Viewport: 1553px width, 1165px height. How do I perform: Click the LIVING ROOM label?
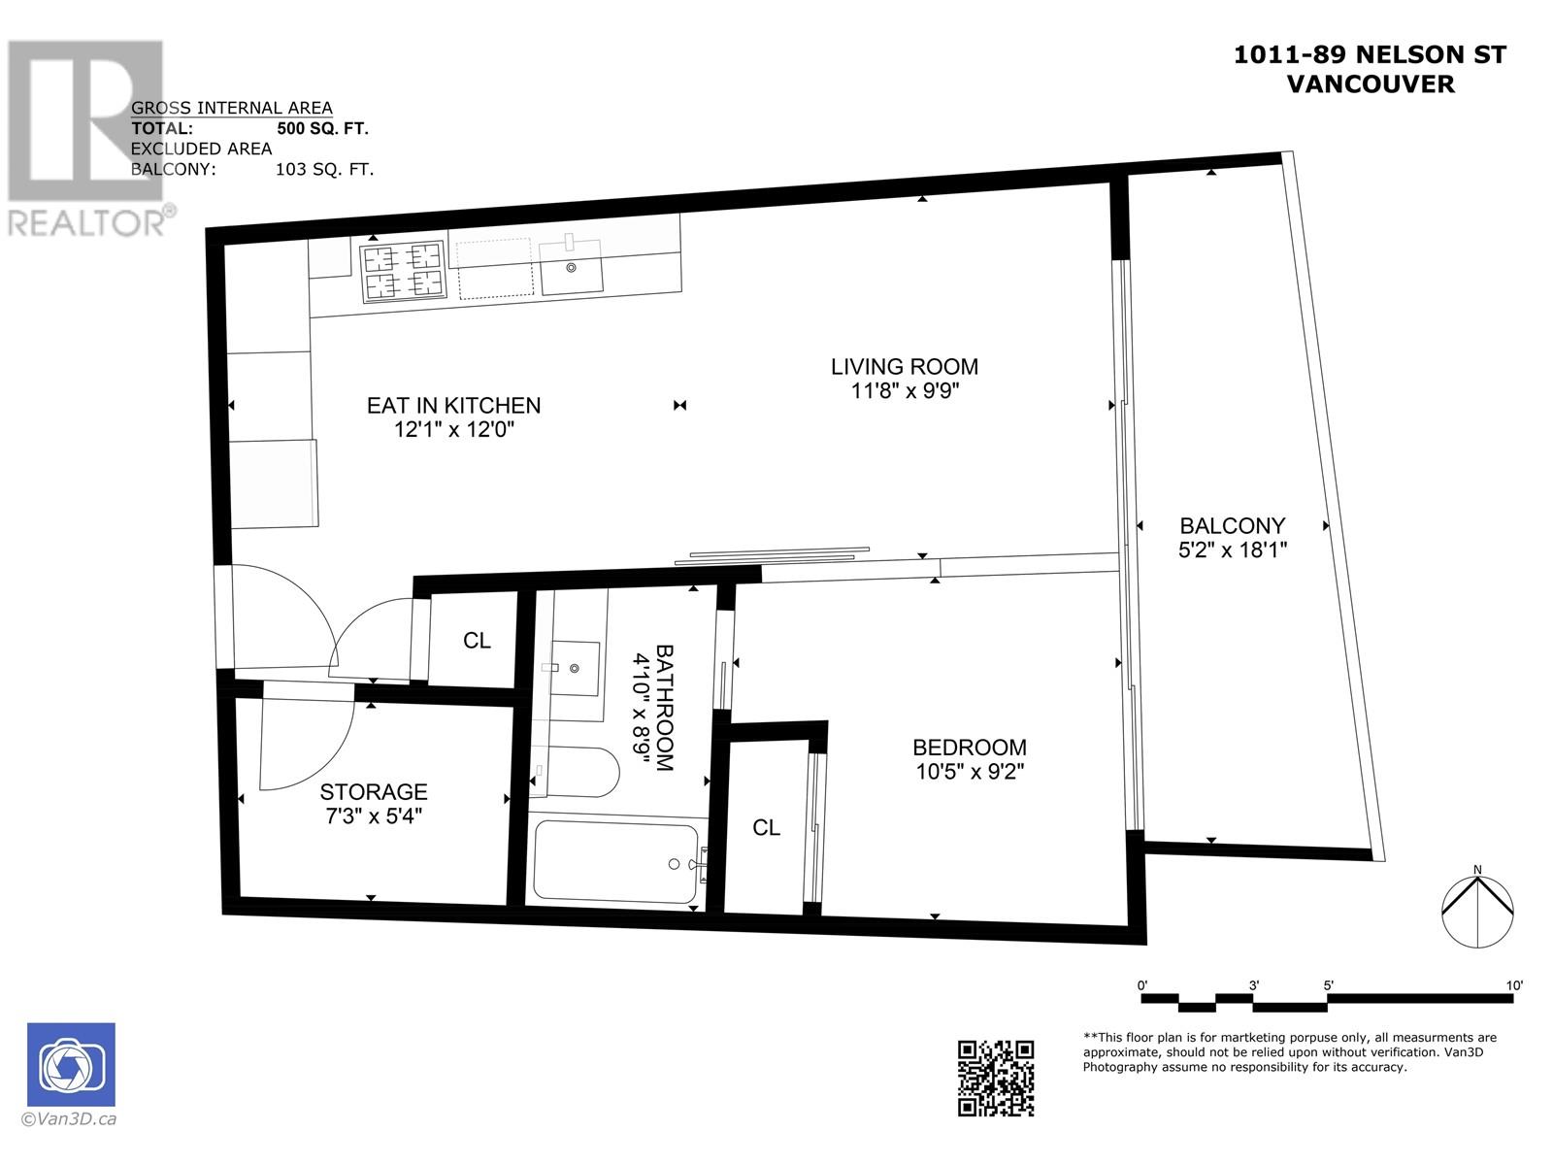tap(904, 367)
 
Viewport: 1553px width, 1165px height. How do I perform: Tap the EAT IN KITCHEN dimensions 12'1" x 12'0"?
tap(453, 429)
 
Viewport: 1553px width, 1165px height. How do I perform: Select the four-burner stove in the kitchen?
tap(401, 271)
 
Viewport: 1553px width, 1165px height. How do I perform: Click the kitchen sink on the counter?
tap(572, 267)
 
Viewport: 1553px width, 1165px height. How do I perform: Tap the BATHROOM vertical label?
tap(665, 708)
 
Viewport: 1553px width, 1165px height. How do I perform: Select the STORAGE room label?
tap(374, 792)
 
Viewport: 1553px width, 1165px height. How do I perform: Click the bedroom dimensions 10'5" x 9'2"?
tap(970, 772)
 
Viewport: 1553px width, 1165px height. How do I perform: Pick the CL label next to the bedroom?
tap(766, 827)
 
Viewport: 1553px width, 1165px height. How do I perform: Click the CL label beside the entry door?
tap(477, 641)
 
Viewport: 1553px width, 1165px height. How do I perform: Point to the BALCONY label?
tap(1232, 526)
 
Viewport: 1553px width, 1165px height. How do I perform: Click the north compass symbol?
tap(1476, 911)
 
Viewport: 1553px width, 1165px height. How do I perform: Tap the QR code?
tap(996, 1078)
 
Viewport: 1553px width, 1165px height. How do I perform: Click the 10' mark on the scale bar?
tap(1514, 985)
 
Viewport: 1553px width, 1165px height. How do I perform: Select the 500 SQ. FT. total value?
tap(322, 128)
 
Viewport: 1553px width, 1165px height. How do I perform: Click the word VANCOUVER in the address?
tap(1371, 83)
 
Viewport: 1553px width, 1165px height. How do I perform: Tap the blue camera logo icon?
tap(71, 1064)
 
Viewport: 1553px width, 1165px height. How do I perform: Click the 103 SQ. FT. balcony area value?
tap(324, 169)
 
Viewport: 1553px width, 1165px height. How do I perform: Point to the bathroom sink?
tap(573, 668)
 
